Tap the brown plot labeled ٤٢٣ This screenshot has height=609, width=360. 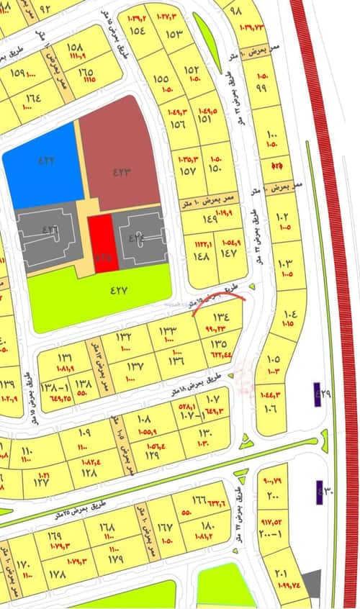121,171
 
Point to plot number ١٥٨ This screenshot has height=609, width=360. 75,48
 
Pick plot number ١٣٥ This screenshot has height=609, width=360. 219,344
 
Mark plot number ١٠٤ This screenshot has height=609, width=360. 290,315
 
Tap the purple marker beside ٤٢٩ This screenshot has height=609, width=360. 318,394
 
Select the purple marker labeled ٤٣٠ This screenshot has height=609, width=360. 318,491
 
